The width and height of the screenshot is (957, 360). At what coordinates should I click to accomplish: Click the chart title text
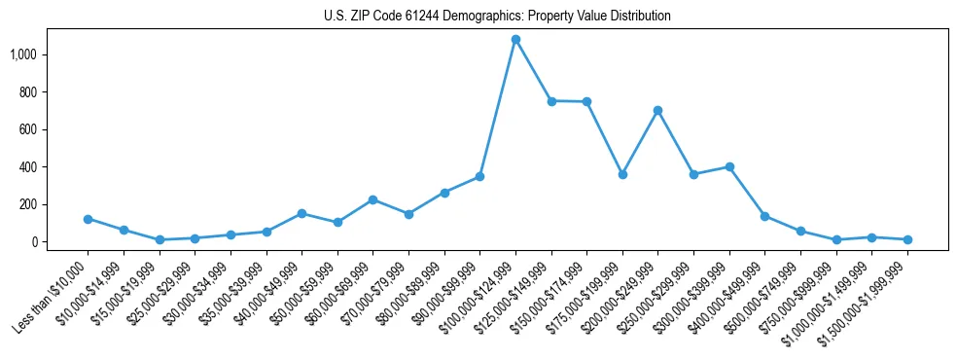(x=497, y=17)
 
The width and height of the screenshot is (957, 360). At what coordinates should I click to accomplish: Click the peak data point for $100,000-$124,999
(x=515, y=40)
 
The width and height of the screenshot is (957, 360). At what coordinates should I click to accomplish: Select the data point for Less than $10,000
(x=88, y=219)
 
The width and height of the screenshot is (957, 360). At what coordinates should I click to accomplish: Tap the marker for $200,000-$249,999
(x=658, y=110)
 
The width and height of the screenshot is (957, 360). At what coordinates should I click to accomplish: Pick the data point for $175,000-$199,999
(x=622, y=174)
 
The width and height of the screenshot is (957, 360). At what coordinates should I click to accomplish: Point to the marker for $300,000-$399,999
(x=729, y=166)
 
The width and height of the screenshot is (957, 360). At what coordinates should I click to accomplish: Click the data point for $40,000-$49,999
(x=301, y=213)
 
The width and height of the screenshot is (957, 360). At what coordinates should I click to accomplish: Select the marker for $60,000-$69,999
(x=373, y=199)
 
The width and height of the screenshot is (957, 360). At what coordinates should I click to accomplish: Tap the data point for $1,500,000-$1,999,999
(x=907, y=239)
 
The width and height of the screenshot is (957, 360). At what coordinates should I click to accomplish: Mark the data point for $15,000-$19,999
(x=159, y=239)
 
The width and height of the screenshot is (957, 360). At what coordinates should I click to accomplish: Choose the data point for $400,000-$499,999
(x=764, y=216)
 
